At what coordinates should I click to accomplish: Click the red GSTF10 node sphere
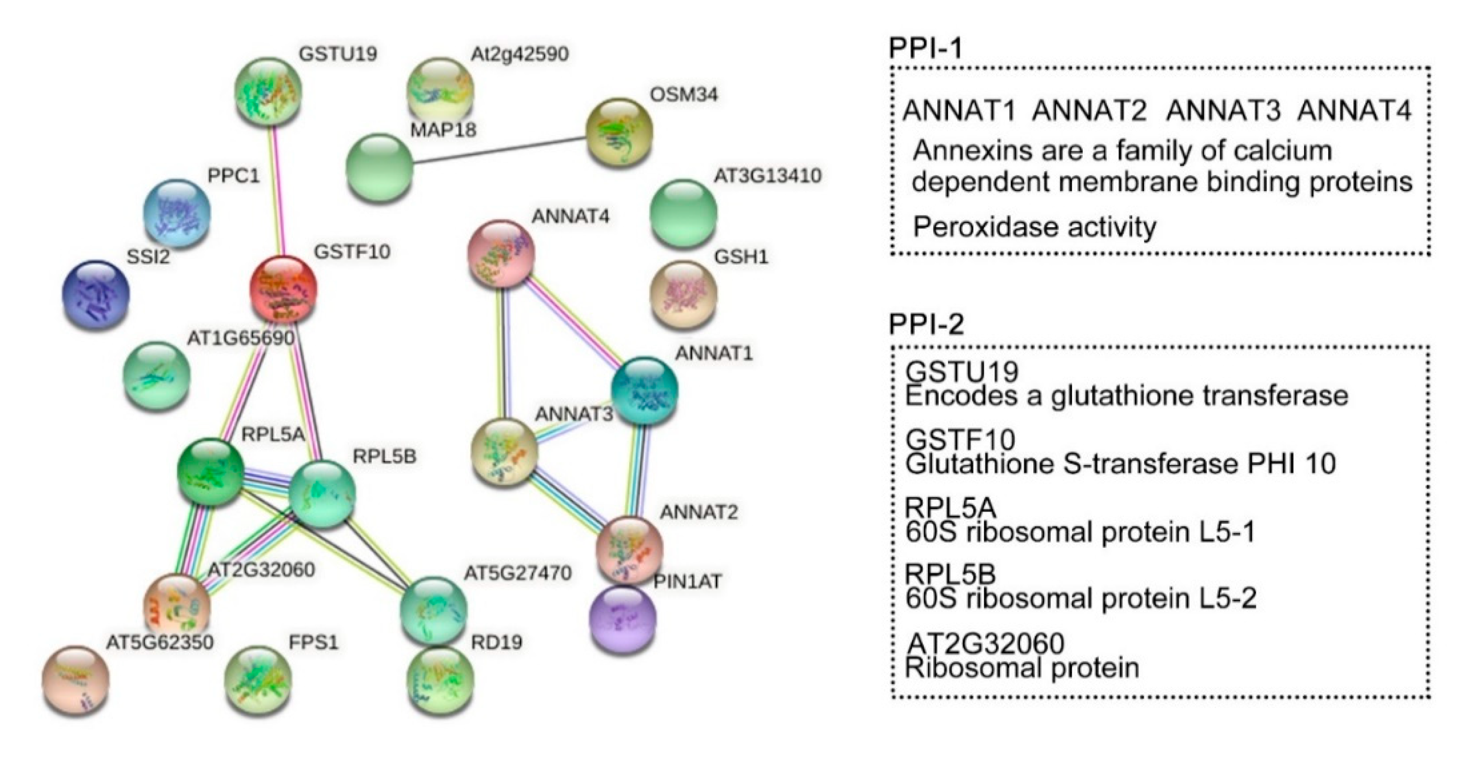tap(283, 290)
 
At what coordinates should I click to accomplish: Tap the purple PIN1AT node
tap(623, 619)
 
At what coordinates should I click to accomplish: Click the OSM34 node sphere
tap(619, 131)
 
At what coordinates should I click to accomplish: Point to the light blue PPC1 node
tap(177, 213)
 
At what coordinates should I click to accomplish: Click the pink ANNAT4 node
tap(501, 253)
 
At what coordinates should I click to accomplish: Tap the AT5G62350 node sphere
tap(75, 679)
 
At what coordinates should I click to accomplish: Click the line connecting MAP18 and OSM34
tap(499, 149)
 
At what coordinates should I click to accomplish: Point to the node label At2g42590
tap(519, 54)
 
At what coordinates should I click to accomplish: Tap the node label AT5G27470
tap(517, 573)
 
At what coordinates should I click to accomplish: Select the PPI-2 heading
tap(926, 324)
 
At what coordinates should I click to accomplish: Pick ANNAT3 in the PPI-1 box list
tap(1223, 111)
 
